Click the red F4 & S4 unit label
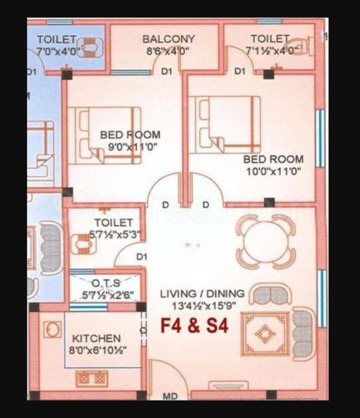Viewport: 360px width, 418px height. click(x=194, y=326)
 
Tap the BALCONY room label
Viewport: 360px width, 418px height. click(x=169, y=39)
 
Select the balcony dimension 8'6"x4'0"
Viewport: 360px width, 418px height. click(x=169, y=51)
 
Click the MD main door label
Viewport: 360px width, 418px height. click(x=169, y=396)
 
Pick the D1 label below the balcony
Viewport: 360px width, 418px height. click(x=166, y=72)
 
